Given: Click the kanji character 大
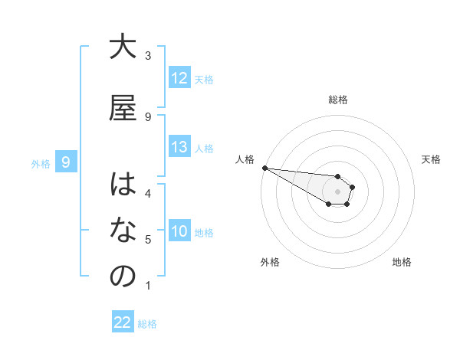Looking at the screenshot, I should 123,47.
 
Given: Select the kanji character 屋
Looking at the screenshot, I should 123,107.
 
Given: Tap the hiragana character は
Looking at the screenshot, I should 123,185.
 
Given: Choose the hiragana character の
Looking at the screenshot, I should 123,277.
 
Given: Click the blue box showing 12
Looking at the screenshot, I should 179,78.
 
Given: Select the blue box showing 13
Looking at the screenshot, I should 179,148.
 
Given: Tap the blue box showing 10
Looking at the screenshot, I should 179,231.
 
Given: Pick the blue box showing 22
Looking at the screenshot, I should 123,323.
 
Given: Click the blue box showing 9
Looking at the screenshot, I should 67,162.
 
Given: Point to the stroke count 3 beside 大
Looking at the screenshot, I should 148,56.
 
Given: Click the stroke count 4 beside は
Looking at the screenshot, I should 148,194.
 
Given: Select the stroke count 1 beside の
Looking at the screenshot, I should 148,286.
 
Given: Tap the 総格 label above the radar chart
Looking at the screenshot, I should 338,100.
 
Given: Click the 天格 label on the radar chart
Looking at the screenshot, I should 431,159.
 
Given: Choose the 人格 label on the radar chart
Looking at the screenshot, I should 245,159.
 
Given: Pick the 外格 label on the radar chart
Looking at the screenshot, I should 269,262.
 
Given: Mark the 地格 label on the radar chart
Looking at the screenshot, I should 402,262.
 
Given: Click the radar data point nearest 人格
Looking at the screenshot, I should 264,168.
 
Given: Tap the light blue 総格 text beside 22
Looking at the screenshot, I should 147,324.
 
